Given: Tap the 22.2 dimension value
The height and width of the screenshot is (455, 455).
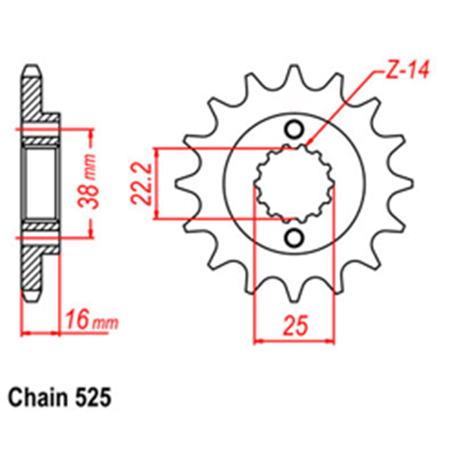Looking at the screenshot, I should coord(142,183).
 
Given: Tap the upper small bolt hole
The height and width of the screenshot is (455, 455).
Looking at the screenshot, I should coord(295,129).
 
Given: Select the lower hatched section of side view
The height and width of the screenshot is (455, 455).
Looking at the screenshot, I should coord(31,268).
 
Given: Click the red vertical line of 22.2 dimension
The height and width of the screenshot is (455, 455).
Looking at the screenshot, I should coord(157,183).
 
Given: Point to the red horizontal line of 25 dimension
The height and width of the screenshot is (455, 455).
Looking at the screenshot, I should coord(294,340).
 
